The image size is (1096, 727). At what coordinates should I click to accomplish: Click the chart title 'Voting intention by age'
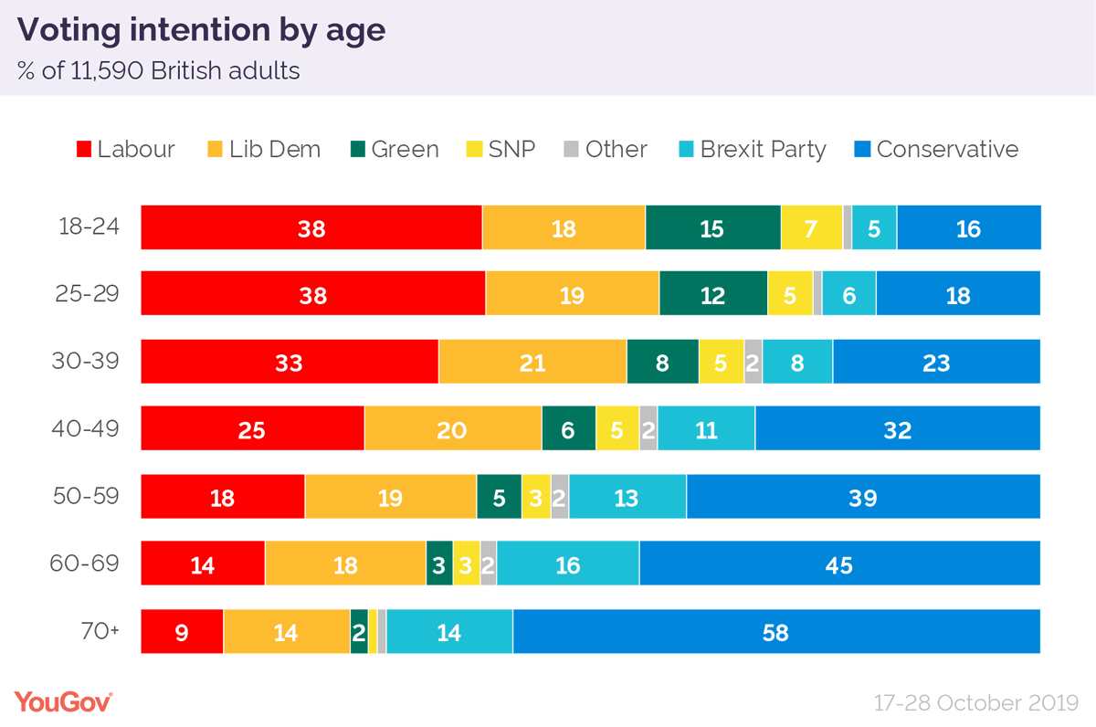pos(202,31)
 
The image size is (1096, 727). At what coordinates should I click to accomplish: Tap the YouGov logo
pos(63,701)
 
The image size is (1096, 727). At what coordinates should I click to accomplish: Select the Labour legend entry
pos(126,149)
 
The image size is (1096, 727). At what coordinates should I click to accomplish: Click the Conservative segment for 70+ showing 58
pos(776,632)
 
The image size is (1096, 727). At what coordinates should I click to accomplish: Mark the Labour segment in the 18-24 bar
pos(311,228)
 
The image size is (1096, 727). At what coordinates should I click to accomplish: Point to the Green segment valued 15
pos(712,228)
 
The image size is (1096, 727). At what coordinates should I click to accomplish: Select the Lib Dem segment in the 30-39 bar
pos(532,363)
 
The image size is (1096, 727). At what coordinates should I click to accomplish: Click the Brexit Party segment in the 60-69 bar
pos(567,564)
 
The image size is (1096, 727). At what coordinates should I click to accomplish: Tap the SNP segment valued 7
pos(811,228)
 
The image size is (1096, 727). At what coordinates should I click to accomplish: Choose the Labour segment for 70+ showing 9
pos(182,632)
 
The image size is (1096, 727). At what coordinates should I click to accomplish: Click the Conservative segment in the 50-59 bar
pos(863,498)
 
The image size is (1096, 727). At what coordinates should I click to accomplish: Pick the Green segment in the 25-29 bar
pos(712,295)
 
